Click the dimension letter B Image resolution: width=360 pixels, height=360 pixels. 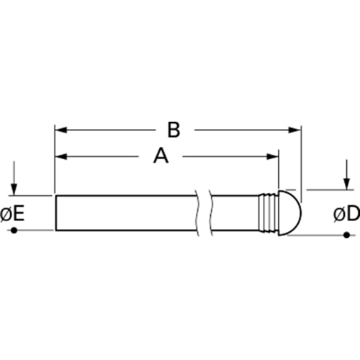[x=174, y=130]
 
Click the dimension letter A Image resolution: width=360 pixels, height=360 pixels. [x=161, y=156]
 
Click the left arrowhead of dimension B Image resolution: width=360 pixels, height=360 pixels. [x=60, y=130]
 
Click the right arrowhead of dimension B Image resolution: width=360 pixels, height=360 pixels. [x=295, y=130]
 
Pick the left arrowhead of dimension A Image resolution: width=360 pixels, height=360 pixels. [x=60, y=157]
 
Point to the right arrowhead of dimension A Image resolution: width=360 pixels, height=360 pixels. [x=273, y=157]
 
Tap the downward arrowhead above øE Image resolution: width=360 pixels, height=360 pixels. [x=14, y=189]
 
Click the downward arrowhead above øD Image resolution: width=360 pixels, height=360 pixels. [x=346, y=184]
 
